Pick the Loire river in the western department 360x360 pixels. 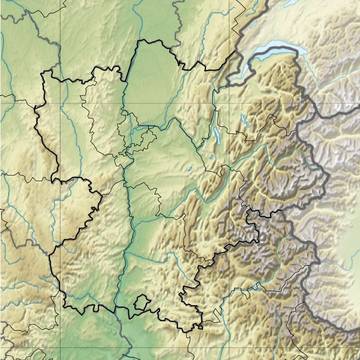tap(75, 150)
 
